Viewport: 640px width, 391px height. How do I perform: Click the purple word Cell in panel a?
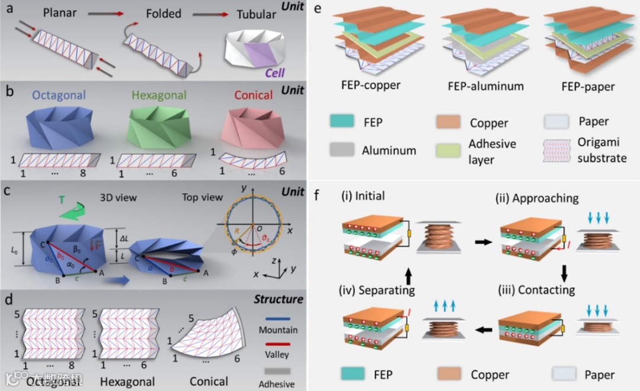point(274,73)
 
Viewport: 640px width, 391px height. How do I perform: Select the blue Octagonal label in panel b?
point(60,95)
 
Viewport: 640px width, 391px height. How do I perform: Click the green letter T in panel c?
point(62,201)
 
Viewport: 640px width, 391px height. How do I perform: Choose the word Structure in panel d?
point(280,299)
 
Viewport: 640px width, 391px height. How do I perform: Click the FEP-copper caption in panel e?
point(371,85)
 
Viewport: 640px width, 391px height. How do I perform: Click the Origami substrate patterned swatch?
point(558,151)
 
